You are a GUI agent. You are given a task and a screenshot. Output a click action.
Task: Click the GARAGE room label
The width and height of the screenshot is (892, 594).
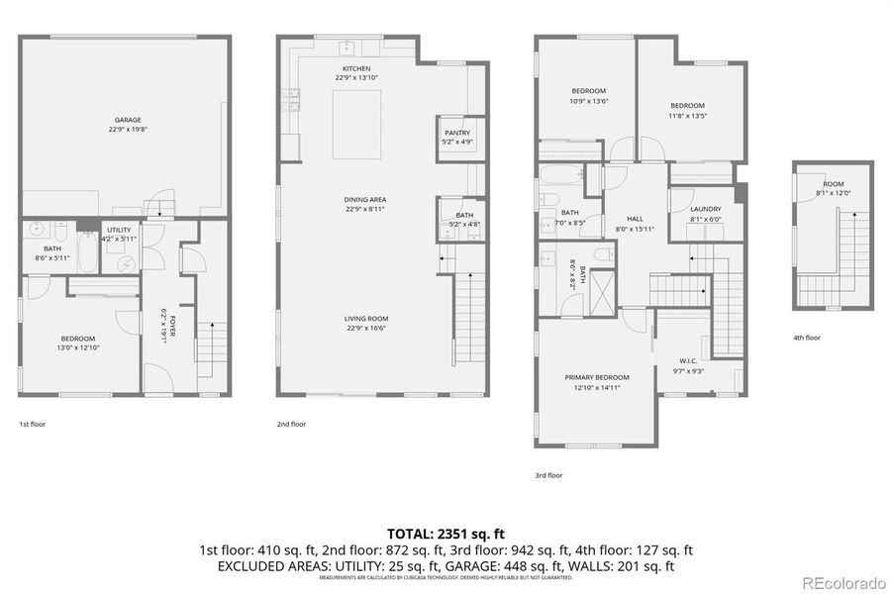pyautogui.click(x=127, y=119)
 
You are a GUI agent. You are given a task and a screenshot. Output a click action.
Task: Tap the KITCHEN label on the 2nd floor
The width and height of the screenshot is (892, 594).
pyautogui.click(x=356, y=68)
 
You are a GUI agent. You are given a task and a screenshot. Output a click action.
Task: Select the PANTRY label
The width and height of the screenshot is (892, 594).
pyautogui.click(x=456, y=133)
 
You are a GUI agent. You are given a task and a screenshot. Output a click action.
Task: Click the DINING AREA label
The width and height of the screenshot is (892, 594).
pyautogui.click(x=364, y=200)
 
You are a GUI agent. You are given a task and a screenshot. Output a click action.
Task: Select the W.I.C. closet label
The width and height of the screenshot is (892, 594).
pyautogui.click(x=689, y=360)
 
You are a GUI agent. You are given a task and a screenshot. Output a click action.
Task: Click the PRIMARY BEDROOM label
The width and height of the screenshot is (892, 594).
pyautogui.click(x=597, y=377)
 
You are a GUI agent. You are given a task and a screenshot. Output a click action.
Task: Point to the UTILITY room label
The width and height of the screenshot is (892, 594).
pyautogui.click(x=118, y=230)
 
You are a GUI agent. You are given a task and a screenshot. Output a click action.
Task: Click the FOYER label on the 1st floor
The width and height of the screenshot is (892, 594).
pyautogui.click(x=172, y=325)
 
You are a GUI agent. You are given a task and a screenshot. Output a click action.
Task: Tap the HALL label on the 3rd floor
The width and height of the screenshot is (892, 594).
pyautogui.click(x=636, y=219)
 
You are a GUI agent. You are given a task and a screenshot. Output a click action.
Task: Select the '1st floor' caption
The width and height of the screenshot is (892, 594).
pyautogui.click(x=32, y=424)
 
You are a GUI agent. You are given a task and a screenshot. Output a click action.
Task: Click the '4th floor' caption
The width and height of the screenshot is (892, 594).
pyautogui.click(x=806, y=338)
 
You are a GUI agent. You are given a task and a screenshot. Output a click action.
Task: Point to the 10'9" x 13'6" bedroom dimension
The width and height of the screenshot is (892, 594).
pyautogui.click(x=588, y=100)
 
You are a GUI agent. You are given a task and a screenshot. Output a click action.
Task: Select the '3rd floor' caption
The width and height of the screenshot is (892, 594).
pyautogui.click(x=548, y=475)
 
